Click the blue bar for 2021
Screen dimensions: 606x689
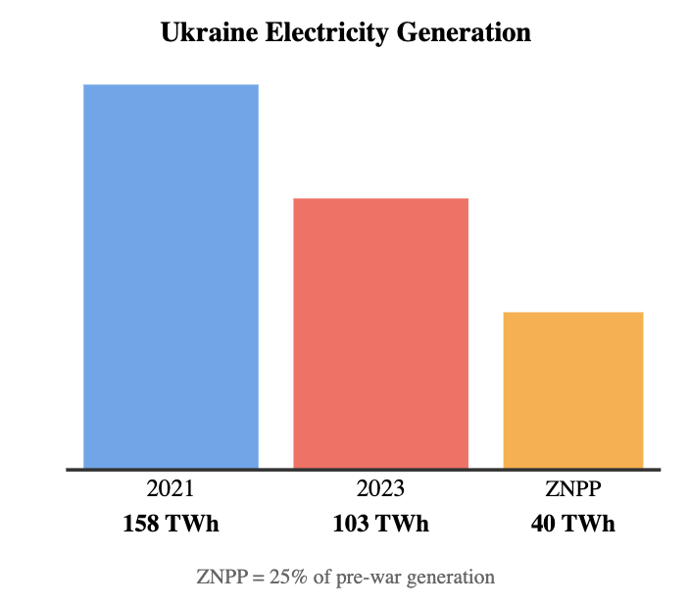(x=171, y=277)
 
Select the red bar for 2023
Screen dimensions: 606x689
(x=381, y=333)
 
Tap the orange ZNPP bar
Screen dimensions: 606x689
(x=572, y=390)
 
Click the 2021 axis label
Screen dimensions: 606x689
(x=171, y=489)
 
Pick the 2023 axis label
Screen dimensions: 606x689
(x=381, y=489)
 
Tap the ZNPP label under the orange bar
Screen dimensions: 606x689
(x=572, y=489)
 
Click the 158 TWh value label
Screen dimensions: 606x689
(x=171, y=524)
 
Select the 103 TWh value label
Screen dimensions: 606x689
(x=381, y=524)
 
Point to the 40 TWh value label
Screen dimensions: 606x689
(x=572, y=524)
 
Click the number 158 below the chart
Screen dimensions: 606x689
(x=142, y=524)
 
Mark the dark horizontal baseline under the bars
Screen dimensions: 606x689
(x=363, y=470)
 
